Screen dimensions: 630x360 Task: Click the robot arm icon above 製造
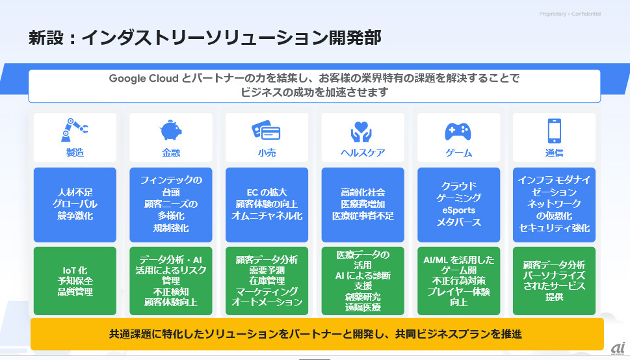click(74, 130)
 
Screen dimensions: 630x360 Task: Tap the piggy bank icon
click(171, 130)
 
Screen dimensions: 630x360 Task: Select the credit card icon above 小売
click(266, 131)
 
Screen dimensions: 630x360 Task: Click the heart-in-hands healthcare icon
click(361, 132)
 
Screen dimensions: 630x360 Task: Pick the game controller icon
click(458, 131)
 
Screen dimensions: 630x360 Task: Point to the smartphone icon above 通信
click(554, 131)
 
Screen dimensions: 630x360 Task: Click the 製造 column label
click(75, 153)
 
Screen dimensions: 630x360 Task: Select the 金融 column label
click(171, 153)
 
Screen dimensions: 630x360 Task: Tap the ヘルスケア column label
click(363, 153)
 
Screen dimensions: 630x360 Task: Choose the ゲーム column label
click(458, 153)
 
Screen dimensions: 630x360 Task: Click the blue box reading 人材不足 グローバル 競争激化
click(75, 205)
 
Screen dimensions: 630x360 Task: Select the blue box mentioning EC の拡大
click(267, 205)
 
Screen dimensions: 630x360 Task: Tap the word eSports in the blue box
click(458, 210)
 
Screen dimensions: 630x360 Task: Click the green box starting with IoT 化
click(75, 281)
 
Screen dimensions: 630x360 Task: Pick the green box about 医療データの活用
click(363, 281)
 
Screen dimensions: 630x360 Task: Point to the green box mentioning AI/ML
click(458, 281)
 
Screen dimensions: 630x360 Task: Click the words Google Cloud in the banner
click(144, 78)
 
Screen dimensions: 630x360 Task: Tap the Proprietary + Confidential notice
click(570, 14)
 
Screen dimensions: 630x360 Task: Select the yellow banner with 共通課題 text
click(317, 334)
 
